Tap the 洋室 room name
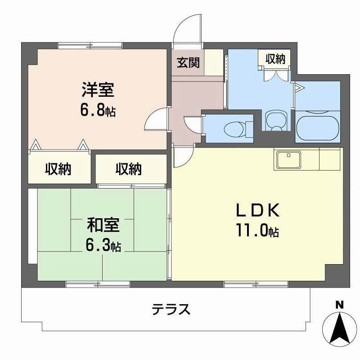(x=98, y=90)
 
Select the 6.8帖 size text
(x=98, y=110)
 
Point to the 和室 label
(x=103, y=224)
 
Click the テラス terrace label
(x=171, y=310)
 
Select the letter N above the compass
(x=340, y=305)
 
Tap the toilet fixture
(x=234, y=128)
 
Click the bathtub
(x=317, y=128)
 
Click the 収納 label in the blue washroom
(x=274, y=58)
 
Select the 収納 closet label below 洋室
(x=58, y=170)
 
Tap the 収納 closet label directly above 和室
(x=129, y=170)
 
